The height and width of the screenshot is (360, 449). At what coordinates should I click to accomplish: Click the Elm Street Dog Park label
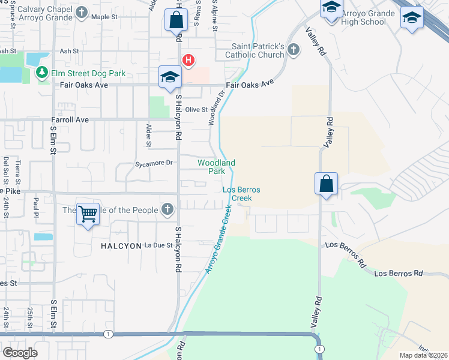tap(88, 74)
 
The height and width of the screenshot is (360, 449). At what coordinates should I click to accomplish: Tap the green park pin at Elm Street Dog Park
tap(41, 73)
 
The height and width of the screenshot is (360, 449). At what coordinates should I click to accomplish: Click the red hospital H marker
tap(188, 60)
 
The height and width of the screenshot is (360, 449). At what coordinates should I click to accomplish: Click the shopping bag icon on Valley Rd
tap(326, 184)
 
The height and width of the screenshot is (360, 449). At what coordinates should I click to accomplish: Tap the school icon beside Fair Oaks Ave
tap(170, 77)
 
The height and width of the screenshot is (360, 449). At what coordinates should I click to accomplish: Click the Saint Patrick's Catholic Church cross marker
tap(293, 50)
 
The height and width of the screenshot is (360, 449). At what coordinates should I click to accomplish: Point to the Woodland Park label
tap(216, 167)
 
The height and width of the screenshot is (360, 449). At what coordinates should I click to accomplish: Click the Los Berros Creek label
tap(241, 193)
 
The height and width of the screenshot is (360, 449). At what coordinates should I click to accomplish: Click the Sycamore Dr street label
tap(154, 163)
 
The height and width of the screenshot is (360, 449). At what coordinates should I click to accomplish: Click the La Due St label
tap(160, 245)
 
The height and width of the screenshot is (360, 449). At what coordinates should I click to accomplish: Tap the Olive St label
tap(196, 110)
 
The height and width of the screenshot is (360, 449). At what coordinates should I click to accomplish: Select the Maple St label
tap(104, 17)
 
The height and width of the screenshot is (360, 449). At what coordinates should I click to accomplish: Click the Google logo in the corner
tap(20, 353)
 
